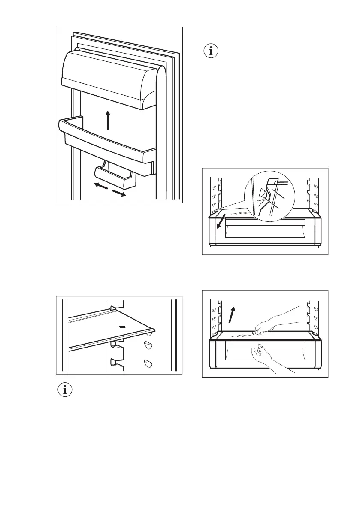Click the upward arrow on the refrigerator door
click(108, 120)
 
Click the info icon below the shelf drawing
click(65, 391)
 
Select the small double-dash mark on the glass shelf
click(123, 326)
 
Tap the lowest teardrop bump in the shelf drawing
click(148, 364)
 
